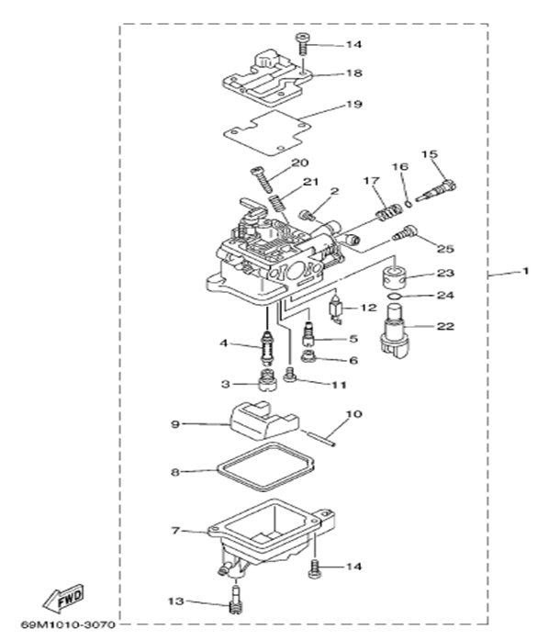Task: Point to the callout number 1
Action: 526,272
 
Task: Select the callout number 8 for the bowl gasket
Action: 174,472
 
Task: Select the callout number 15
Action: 429,153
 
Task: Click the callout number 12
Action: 367,307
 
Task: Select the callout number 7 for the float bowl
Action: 174,531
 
